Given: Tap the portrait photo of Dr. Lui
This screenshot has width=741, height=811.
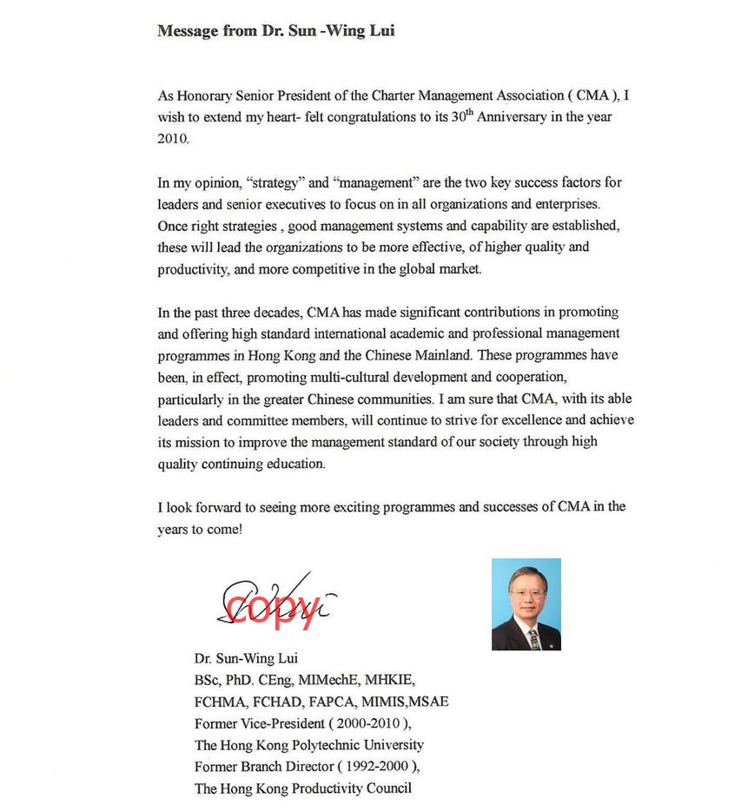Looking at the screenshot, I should point(526,604).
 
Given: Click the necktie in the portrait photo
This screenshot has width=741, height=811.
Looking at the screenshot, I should point(533,639).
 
